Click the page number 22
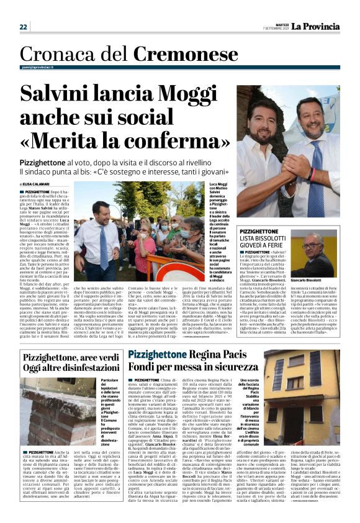click(23, 27)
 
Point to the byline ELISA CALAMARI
click(41, 184)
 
